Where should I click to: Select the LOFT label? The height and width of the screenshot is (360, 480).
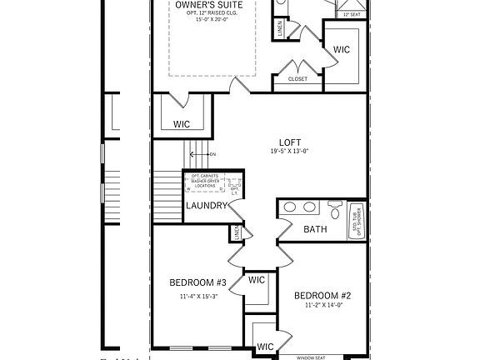pos(290,142)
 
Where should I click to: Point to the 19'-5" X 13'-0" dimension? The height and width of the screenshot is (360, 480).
pos(290,152)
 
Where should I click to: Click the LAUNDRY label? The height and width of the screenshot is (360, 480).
pos(206,206)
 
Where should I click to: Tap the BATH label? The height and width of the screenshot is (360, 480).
pos(315,228)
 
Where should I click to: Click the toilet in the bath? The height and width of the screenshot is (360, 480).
pos(335,208)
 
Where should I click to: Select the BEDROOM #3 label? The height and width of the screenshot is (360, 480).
pos(197,282)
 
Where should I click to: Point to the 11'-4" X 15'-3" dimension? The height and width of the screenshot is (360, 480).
pos(197,296)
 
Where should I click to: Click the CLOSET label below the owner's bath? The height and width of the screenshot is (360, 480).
pos(297,79)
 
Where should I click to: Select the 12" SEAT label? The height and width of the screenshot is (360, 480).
pos(349,15)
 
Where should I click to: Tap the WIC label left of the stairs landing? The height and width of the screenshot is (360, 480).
pos(182,124)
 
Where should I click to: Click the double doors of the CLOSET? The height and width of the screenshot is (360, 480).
pos(297,68)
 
